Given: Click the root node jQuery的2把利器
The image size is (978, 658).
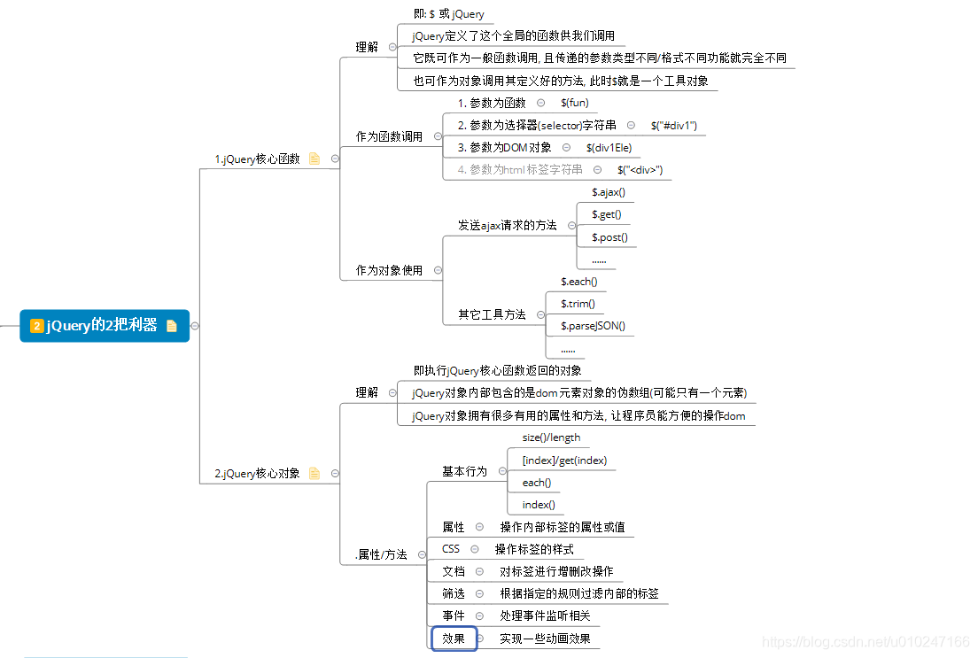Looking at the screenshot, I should coord(102,326).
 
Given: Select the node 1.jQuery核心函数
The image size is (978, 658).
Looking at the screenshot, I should coord(257,159).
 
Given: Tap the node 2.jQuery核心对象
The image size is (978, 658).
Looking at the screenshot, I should coord(257,474).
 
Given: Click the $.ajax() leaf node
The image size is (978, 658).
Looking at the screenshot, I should coord(609,191).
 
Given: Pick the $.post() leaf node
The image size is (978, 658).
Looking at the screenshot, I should coord(609,237).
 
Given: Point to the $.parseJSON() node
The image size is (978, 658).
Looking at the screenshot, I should coord(593,326).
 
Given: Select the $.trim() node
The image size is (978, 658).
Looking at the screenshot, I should coord(578,304).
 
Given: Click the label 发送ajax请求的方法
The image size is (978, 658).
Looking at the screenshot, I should coord(507,226).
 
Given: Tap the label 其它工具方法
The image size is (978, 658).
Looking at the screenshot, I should coord(492,314).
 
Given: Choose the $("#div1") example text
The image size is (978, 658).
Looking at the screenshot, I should coord(673,126).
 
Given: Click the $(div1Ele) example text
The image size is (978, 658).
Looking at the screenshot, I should coord(609,148).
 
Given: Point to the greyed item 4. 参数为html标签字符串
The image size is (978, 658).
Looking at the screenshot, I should coord(520,170).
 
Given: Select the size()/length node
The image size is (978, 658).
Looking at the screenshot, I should coord(551,437).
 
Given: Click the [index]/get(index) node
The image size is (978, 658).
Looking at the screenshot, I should coord(563,461).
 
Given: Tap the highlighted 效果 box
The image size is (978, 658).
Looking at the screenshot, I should coord(454,639).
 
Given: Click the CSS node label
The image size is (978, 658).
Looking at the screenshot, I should coord(451,549).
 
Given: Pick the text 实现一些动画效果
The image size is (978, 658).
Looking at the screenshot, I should coord(545,639).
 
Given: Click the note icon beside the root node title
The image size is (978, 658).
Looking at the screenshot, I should coord(172,326).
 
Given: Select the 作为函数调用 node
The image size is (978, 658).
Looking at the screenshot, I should coord(389,137).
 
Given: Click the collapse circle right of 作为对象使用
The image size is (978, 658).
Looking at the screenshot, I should coord(438,270).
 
